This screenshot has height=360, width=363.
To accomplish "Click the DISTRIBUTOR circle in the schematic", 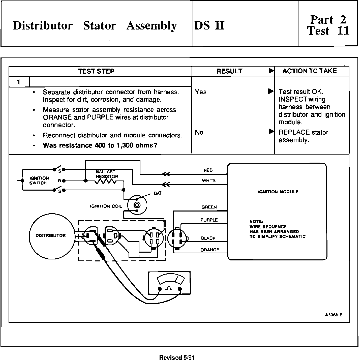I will (51, 235).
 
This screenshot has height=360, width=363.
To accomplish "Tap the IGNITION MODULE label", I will (278, 192).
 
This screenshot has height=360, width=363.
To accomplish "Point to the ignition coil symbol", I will (137, 204).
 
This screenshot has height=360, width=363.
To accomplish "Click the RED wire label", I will (208, 170).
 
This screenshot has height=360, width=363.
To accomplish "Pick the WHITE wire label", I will (209, 181).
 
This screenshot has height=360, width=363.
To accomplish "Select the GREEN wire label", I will (209, 207).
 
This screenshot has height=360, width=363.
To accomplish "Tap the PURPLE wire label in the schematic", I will (209, 220).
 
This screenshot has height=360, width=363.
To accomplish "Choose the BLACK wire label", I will (208, 238).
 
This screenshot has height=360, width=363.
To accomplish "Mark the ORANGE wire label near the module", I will (210, 250).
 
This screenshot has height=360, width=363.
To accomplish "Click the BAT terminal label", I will (158, 193).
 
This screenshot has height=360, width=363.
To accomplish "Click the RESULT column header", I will (229, 71).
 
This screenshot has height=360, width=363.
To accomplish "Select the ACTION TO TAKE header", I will (310, 71).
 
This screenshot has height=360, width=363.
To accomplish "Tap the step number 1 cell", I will (19, 82).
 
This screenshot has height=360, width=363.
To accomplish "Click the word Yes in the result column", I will (200, 92).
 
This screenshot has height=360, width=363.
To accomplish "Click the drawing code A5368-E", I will (334, 315).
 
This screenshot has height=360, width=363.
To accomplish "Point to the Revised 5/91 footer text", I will (177, 357).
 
